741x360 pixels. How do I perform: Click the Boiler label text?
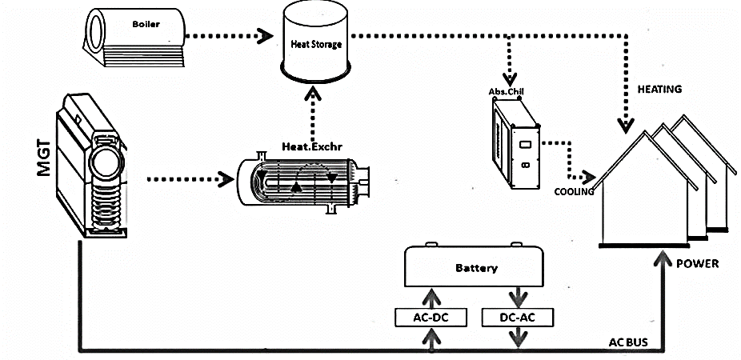146,24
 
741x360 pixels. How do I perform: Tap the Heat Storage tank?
315,45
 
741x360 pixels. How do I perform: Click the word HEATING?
660,90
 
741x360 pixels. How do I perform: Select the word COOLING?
574,191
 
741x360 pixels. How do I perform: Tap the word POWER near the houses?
697,263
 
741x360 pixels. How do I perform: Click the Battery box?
475,267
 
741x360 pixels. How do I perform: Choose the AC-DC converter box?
432,318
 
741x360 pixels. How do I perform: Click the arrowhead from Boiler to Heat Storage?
262,34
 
